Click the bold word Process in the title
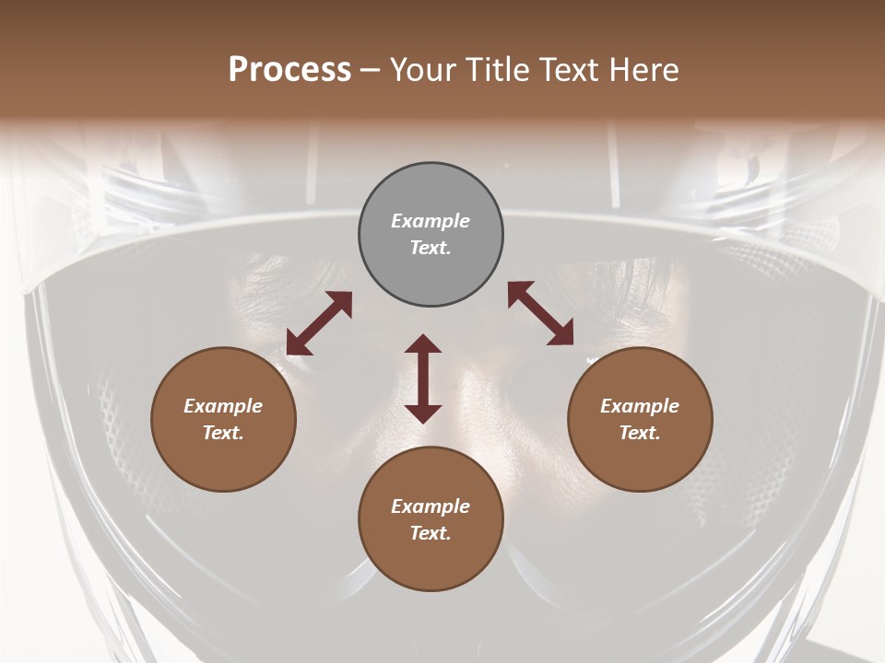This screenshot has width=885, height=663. pyautogui.click(x=289, y=70)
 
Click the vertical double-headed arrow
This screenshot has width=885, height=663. pyautogui.click(x=423, y=378)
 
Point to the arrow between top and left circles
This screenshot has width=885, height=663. pyautogui.click(x=319, y=322)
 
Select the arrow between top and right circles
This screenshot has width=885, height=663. pyautogui.click(x=541, y=313)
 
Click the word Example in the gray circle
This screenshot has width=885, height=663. pyautogui.click(x=431, y=221)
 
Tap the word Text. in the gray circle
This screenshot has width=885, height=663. pyautogui.click(x=431, y=248)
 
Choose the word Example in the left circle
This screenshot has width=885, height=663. pyautogui.click(x=223, y=406)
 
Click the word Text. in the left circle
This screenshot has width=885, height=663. pyautogui.click(x=223, y=433)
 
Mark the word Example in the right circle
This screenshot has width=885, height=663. pyautogui.click(x=640, y=406)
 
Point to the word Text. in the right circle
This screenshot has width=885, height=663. pyautogui.click(x=640, y=433)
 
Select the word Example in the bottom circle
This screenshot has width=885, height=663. pyautogui.click(x=431, y=506)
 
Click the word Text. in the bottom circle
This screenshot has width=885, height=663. pyautogui.click(x=431, y=533)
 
